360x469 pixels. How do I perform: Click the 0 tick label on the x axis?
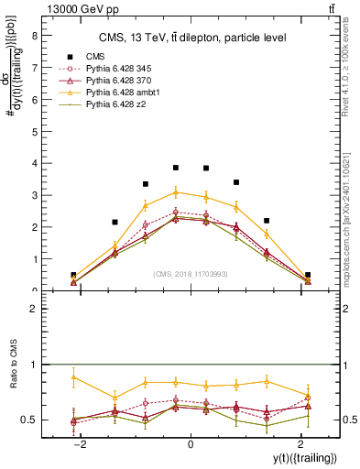click(191, 444)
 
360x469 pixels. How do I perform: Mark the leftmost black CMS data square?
click(73, 275)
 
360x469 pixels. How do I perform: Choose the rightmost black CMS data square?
click(308, 275)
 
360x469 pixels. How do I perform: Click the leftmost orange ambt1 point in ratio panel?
click(73, 376)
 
